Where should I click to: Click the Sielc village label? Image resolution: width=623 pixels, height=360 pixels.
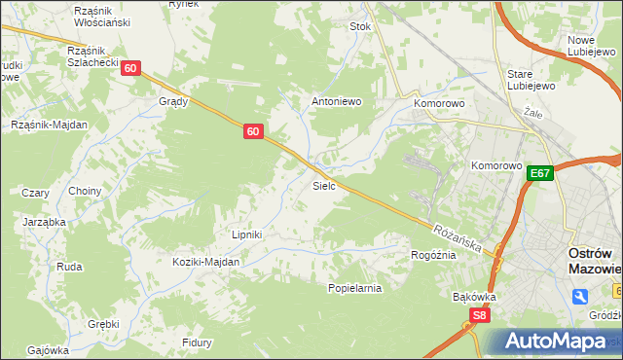point(324,185)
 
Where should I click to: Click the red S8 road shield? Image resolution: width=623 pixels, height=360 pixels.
point(478,315)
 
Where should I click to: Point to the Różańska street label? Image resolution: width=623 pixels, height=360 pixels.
point(458,236)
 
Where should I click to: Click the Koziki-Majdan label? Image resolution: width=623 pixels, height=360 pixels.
point(205,262)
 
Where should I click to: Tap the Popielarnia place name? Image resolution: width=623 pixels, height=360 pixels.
point(354,288)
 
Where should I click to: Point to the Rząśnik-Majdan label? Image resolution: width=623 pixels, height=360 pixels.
point(49,125)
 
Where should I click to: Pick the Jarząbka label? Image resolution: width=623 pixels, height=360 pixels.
point(44,222)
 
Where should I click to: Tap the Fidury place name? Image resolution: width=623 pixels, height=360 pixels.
point(197,342)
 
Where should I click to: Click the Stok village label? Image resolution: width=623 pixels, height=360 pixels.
point(360,27)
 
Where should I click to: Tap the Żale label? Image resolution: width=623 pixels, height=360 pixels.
point(532,113)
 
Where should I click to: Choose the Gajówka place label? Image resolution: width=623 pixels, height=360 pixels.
point(48,350)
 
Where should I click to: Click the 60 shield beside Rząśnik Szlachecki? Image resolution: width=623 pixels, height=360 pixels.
point(132,68)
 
